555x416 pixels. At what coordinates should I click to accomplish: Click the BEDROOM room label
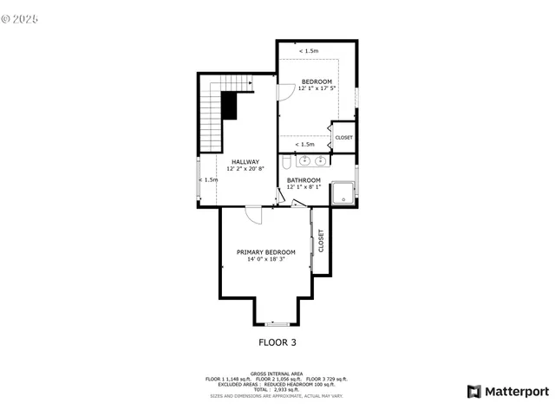point(317,81)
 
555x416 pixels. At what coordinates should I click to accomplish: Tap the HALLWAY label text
point(245,162)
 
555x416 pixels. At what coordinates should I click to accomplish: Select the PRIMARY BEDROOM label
point(266,252)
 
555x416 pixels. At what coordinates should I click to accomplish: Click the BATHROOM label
point(304,180)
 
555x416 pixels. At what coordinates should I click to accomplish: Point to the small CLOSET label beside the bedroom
point(343,138)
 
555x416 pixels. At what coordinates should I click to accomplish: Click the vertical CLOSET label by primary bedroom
point(321,240)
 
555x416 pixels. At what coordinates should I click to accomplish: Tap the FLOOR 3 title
point(277,342)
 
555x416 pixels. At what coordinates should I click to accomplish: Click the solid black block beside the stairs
point(229,106)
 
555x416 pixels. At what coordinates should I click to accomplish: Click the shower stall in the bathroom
point(344,192)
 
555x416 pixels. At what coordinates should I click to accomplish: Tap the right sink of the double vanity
point(321,160)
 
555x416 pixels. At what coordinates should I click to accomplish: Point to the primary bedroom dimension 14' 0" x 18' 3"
point(266,259)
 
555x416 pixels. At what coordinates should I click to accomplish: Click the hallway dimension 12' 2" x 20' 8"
point(245,169)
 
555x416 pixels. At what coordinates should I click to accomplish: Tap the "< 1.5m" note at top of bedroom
point(308,52)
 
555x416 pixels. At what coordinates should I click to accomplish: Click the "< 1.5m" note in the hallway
point(208,180)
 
